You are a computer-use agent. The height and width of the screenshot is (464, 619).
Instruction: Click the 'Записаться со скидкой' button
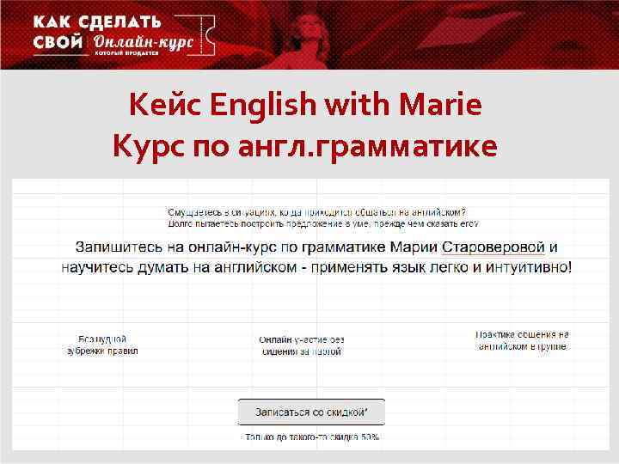point(311,412)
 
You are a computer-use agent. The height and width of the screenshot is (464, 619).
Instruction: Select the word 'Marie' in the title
point(444,106)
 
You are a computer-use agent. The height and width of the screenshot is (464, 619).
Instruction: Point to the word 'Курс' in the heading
point(144,146)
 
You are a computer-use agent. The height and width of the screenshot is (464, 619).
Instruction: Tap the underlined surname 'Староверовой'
point(493,247)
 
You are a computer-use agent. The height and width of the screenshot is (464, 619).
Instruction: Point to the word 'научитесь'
point(101,267)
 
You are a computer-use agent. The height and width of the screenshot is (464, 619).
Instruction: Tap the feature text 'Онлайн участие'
point(302,345)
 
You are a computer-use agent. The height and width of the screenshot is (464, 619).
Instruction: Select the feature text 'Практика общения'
point(522,340)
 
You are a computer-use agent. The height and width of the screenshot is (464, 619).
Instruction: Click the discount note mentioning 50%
point(312,437)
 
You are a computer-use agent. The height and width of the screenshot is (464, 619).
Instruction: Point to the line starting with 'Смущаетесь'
point(316,212)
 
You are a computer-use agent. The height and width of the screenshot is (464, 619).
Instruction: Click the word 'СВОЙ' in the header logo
point(58,43)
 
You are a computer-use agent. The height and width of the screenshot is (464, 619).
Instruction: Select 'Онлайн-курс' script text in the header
point(144,43)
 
